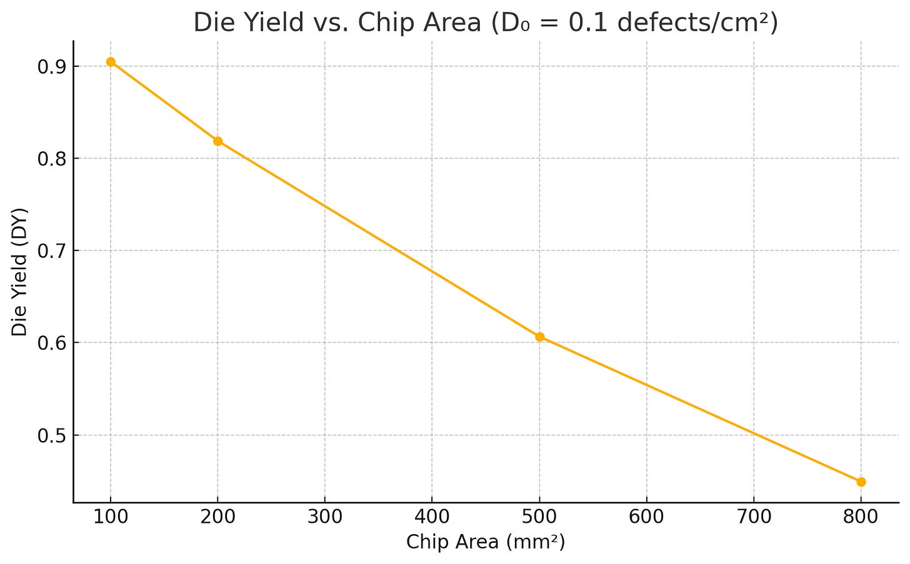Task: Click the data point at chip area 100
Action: click(x=111, y=62)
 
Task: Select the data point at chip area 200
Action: click(x=217, y=141)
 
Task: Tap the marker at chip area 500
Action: click(x=539, y=337)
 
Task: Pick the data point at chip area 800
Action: click(x=861, y=482)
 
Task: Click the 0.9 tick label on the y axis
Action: click(x=52, y=67)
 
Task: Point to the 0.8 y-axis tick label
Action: click(x=52, y=159)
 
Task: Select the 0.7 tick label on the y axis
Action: click(x=52, y=251)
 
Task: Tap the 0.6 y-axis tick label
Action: click(x=52, y=343)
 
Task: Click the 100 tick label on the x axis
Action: click(x=111, y=517)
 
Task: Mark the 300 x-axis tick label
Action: click(x=325, y=517)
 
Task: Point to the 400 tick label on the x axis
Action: click(x=432, y=517)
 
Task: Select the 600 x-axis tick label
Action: click(x=646, y=517)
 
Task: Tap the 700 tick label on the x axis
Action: click(x=754, y=517)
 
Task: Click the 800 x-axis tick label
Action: click(x=861, y=517)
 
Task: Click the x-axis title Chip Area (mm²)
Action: click(x=486, y=542)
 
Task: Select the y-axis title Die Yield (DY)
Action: click(x=19, y=272)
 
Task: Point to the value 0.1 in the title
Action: click(x=588, y=22)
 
